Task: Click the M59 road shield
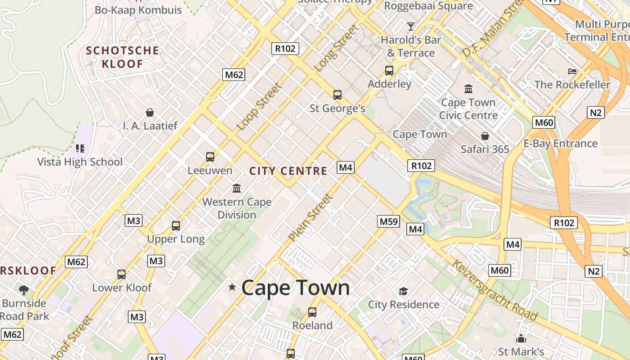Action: click(388, 221)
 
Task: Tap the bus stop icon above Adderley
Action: click(389, 71)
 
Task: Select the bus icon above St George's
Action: click(337, 95)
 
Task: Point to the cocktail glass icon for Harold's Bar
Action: click(411, 26)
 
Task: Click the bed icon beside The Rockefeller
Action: click(572, 71)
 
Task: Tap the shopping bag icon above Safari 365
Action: click(485, 135)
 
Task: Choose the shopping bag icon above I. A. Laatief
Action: click(150, 112)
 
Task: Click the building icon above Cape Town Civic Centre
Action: click(468, 89)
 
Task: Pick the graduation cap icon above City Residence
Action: click(403, 291)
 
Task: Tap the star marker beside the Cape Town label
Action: click(232, 287)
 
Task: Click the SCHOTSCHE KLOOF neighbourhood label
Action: click(122, 57)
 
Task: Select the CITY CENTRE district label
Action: click(288, 171)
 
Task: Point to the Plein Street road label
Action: click(311, 217)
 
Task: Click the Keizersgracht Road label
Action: click(495, 290)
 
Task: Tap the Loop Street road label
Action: click(259, 107)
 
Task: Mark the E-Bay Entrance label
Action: click(560, 144)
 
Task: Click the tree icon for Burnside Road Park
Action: click(24, 290)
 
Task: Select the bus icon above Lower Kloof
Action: click(121, 274)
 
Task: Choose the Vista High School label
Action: click(80, 162)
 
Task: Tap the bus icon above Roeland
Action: click(312, 312)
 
